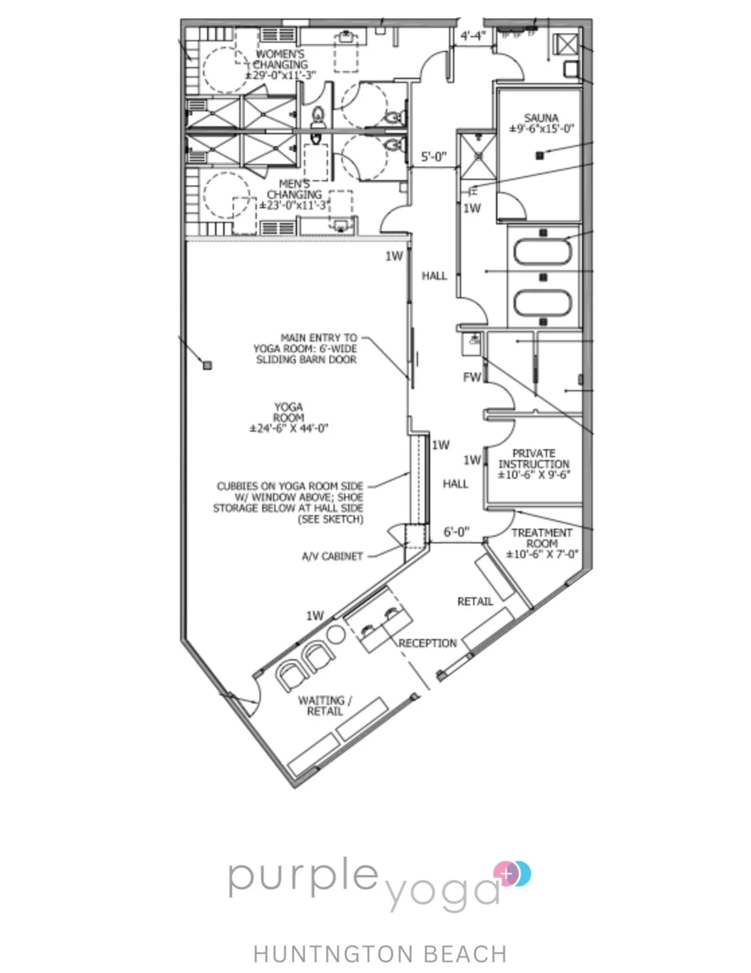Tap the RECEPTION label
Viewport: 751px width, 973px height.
click(x=428, y=643)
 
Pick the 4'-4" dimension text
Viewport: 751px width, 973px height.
click(x=473, y=36)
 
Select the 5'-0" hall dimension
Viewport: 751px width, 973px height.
click(x=434, y=157)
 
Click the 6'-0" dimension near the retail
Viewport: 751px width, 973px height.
click(x=456, y=532)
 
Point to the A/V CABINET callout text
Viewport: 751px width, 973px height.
click(x=332, y=556)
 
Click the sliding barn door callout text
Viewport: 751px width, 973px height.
click(x=306, y=349)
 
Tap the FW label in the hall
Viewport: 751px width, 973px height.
click(x=472, y=377)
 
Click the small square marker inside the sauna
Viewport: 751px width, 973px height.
click(x=540, y=156)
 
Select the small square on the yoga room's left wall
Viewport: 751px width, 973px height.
click(x=207, y=365)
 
